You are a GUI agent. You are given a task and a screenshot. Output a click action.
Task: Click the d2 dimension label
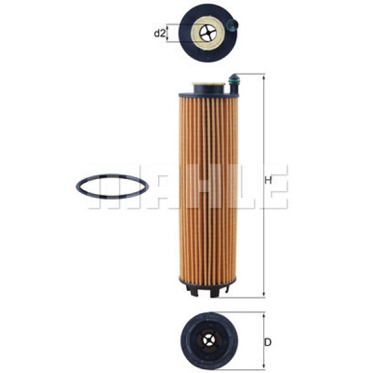tap(159, 34)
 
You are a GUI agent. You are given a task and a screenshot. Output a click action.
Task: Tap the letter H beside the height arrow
tap(269, 181)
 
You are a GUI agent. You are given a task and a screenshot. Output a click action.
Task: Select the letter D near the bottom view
tap(268, 342)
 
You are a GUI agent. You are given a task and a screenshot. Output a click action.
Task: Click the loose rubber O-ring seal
tap(112, 186)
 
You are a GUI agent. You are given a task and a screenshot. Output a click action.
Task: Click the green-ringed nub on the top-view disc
tap(233, 25)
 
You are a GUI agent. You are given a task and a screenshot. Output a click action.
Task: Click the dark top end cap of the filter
tap(205, 94)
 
